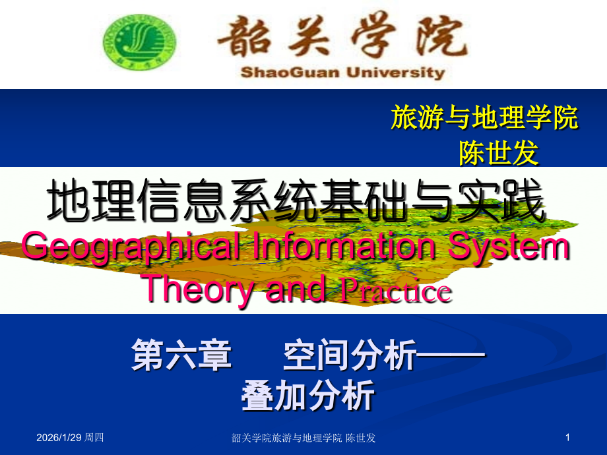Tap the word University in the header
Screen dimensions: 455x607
click(403, 73)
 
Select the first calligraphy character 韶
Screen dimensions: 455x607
click(243, 36)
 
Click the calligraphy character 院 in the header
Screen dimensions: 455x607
click(441, 36)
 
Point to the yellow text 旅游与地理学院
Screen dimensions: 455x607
click(485, 118)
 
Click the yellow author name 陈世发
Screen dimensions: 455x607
click(499, 154)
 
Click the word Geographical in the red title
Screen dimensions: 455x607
click(125, 248)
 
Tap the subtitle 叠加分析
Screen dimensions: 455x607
click(308, 396)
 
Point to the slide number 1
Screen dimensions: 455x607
click(567, 438)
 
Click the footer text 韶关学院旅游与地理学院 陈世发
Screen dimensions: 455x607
click(304, 438)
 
